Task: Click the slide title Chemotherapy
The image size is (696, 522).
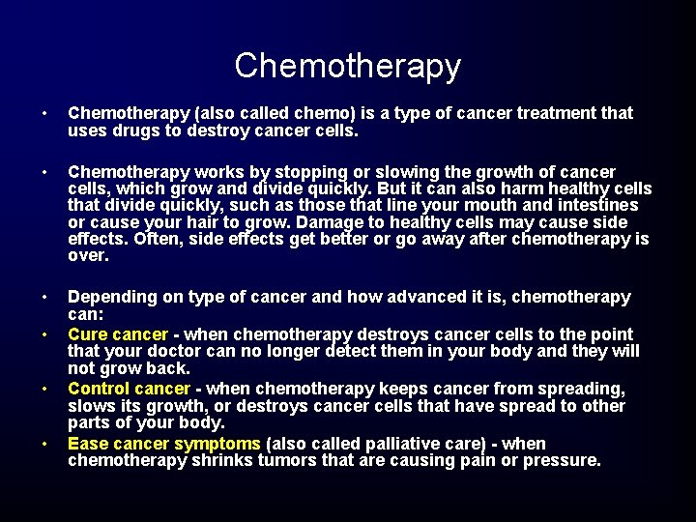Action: click(x=348, y=66)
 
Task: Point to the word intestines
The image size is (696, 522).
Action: click(x=594, y=205)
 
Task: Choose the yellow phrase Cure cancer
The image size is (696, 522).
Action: click(x=118, y=333)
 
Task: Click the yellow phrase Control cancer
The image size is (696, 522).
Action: click(x=129, y=389)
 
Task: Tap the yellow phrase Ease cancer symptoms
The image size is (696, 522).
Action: click(x=164, y=444)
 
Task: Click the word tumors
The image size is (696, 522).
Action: click(x=291, y=461)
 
